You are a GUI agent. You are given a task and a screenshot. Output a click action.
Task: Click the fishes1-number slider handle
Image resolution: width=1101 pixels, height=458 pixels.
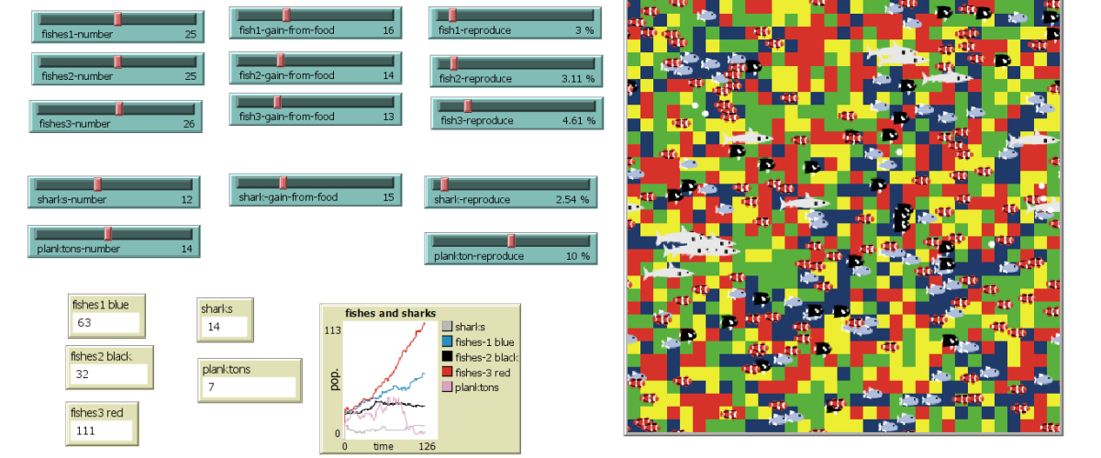point(117,18)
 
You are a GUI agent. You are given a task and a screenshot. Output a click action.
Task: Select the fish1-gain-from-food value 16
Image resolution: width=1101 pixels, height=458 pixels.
point(387,30)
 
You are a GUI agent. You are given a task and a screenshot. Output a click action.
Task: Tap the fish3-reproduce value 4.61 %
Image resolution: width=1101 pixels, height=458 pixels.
point(577,120)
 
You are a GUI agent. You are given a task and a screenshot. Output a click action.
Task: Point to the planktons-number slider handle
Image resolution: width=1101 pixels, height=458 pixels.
point(107,233)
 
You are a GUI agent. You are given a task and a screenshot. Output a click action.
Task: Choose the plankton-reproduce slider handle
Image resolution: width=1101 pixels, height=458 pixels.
point(511,240)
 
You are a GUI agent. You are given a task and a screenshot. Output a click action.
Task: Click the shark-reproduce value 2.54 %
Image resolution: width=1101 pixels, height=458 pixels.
point(572,199)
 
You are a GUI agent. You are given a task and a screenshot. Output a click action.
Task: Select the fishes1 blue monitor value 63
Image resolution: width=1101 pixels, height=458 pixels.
point(84,323)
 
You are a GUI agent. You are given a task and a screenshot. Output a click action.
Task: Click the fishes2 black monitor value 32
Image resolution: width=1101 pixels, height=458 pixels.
point(82,374)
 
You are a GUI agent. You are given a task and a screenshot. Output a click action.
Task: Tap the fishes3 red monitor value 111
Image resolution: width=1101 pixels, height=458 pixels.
point(87,430)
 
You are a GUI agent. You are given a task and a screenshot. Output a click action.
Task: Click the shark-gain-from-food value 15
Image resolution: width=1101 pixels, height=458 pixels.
point(387,197)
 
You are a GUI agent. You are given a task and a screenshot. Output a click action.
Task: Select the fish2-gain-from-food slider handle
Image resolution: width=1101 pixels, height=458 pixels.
point(280,60)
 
